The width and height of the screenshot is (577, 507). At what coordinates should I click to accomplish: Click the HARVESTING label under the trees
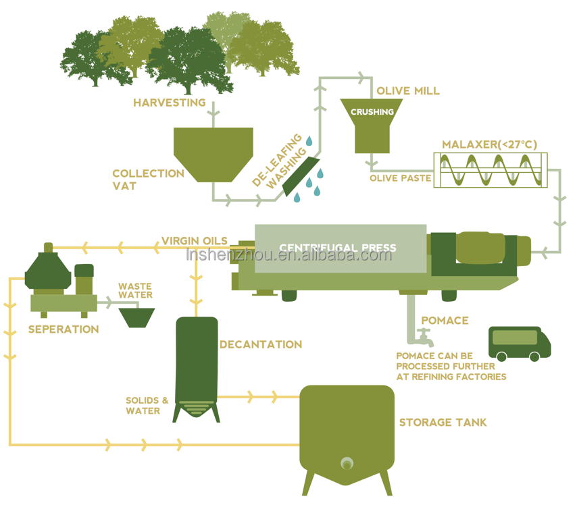coord(169,103)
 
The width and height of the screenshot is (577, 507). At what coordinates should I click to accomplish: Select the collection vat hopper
coord(214,153)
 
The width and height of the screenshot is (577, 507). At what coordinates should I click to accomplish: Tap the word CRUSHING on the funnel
coord(372,112)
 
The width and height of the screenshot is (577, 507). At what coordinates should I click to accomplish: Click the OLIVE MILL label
coord(408,90)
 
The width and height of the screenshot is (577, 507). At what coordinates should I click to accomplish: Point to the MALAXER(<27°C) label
coord(489,144)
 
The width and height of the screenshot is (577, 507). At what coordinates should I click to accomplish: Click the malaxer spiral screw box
coord(490,170)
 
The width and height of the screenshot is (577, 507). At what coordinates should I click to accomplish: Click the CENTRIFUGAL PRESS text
coord(338,248)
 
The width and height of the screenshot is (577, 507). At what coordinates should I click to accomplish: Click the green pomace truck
coord(519,344)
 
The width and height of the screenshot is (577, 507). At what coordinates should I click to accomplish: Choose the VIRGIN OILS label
coord(195,240)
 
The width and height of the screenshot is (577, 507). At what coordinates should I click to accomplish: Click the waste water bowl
coord(136,317)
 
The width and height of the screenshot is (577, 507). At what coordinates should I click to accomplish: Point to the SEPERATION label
coord(63,329)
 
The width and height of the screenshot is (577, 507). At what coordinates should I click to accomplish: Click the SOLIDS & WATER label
coord(147,405)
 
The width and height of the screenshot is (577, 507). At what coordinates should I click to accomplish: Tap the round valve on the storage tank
coord(347,463)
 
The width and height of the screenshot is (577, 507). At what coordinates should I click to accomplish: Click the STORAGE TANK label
coord(443,423)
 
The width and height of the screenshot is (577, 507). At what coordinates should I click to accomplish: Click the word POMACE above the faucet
coord(444,320)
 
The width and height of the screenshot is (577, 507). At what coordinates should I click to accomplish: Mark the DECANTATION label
coord(260,344)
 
